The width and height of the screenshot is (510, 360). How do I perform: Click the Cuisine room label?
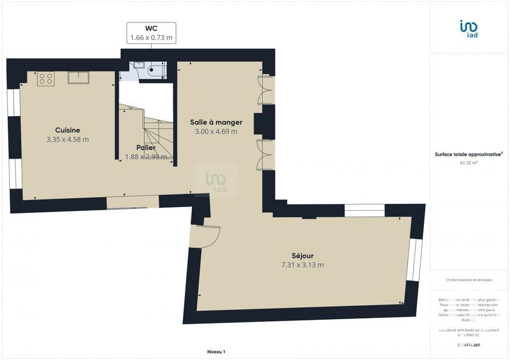tap(67, 130)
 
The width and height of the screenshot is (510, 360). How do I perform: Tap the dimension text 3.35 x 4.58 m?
tap(67, 139)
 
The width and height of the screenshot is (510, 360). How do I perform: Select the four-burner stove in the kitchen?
tap(45, 78)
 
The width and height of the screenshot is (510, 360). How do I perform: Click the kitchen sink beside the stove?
tap(78, 78)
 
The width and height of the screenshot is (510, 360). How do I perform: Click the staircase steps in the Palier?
tap(156, 137)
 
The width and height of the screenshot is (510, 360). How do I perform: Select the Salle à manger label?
tap(216, 122)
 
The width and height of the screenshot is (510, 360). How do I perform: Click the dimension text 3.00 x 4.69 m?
tap(216, 131)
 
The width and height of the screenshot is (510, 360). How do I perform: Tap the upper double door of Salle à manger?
tap(263, 90)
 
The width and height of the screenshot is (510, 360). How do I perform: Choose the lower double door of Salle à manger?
tap(263, 155)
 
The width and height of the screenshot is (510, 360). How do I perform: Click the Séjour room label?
tap(303, 255)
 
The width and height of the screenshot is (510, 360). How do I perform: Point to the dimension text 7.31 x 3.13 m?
tap(303, 264)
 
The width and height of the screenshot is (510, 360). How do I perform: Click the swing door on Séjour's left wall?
tap(205, 236)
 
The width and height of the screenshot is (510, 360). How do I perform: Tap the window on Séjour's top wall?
tap(364, 211)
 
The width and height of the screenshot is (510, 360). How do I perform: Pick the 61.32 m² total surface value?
tap(469, 162)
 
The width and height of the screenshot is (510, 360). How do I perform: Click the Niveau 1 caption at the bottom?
tap(216, 352)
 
